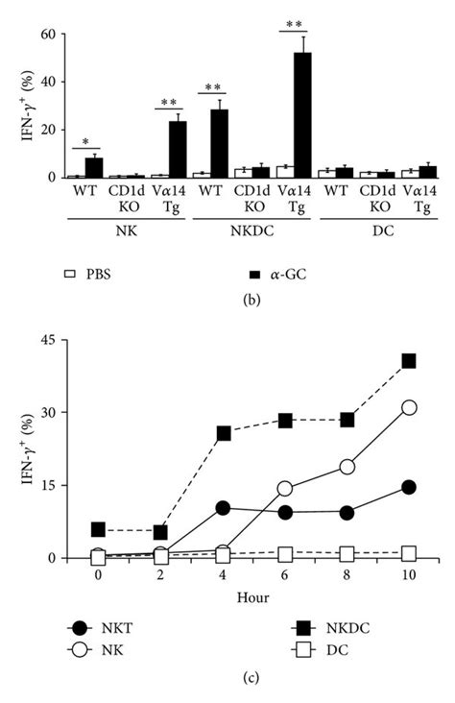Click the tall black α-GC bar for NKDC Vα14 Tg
click(x=302, y=115)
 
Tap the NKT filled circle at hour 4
click(x=222, y=507)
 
